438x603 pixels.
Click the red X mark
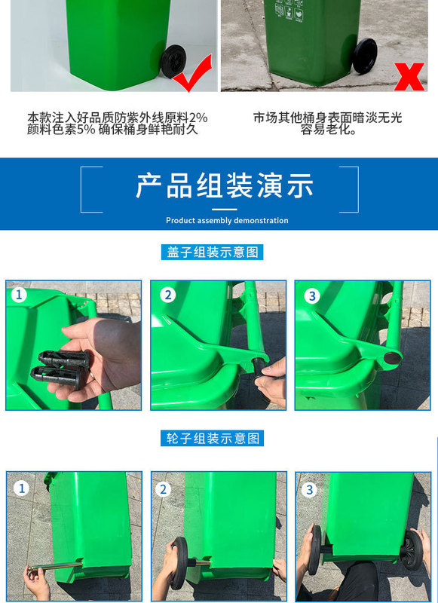point(409,77)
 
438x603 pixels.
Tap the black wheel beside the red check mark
point(173,62)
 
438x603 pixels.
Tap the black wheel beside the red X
point(365,56)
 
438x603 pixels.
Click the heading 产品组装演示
point(225,185)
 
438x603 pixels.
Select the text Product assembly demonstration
point(227,221)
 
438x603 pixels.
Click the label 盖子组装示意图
point(213,253)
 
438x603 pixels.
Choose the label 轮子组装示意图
point(213,438)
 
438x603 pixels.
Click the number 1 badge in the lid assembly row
point(19,295)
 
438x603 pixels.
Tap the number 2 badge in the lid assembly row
point(167,295)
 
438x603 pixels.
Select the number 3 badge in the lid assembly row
point(312,295)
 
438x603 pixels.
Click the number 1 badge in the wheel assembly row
point(21,488)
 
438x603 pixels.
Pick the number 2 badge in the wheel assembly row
point(163,489)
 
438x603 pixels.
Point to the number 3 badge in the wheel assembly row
point(310,490)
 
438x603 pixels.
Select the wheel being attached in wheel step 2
point(179,563)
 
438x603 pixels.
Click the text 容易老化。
point(328,130)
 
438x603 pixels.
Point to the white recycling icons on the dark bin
point(289,11)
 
